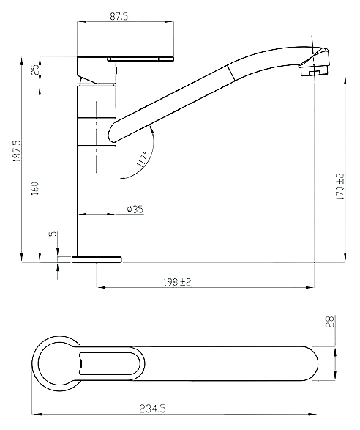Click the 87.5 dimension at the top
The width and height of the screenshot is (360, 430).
(119, 16)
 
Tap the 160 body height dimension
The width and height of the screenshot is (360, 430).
(35, 188)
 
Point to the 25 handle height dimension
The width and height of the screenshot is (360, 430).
(35, 70)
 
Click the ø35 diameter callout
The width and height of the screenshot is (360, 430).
(135, 210)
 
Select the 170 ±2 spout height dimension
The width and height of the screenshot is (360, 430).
(340, 187)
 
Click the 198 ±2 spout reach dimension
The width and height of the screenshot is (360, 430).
(177, 282)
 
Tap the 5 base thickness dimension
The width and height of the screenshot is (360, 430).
(54, 234)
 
